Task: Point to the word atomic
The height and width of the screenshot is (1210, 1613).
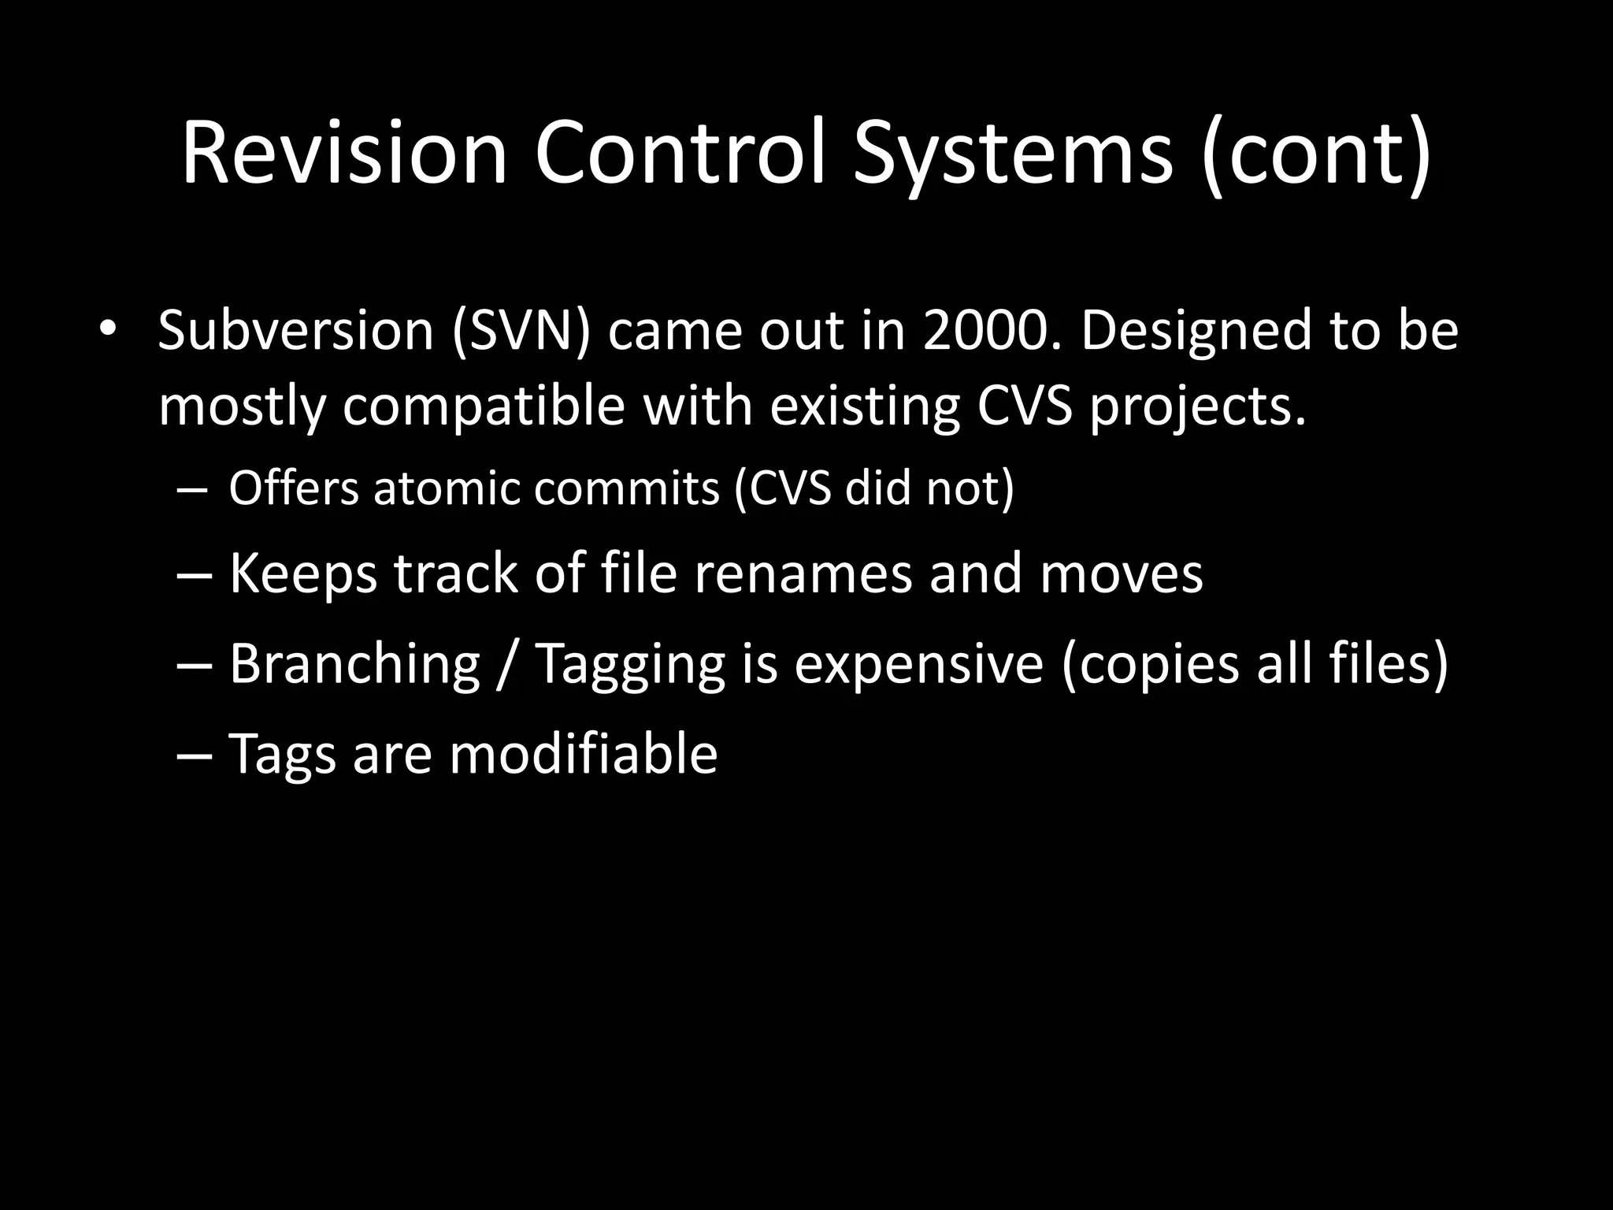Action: click(447, 488)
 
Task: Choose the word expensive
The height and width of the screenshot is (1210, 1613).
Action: click(918, 664)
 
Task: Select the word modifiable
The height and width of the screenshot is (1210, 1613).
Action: click(583, 754)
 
